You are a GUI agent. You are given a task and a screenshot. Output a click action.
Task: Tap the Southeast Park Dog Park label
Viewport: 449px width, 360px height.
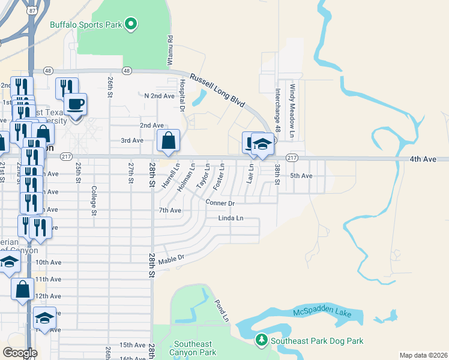point(317,341)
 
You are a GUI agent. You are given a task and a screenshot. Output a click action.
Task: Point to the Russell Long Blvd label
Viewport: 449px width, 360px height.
point(217,90)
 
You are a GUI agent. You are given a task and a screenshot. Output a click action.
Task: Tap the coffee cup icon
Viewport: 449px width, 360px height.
point(76,104)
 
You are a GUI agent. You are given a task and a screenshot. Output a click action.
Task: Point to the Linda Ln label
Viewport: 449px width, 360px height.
point(231,218)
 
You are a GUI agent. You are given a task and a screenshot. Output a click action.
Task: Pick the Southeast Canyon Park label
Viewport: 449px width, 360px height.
point(194,348)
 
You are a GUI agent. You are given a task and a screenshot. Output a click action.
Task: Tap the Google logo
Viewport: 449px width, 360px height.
point(20,353)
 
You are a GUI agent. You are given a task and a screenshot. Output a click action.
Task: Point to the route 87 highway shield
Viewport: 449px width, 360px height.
point(31,11)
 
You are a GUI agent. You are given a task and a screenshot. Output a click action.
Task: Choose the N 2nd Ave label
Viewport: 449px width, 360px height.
point(160,96)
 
